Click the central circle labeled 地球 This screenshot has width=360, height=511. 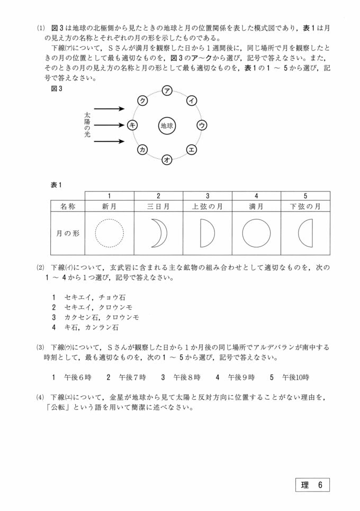coord(167,126)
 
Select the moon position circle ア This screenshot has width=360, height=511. coord(167,90)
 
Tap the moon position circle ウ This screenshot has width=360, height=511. coord(202,125)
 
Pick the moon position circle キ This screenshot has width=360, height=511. coord(132,125)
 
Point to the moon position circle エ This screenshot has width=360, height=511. coord(192,150)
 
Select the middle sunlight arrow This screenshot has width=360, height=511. coord(109,125)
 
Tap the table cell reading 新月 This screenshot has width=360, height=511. coord(109,206)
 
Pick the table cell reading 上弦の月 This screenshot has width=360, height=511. coord(208,206)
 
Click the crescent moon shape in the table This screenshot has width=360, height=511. coord(158,233)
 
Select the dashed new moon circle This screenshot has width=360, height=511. coord(109,233)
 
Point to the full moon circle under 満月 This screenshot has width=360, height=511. coord(256,233)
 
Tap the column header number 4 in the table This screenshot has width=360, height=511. coord(256,195)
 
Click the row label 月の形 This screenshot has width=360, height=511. coord(68,233)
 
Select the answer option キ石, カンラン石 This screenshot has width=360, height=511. coord(85,327)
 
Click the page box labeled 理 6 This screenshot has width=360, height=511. coord(312,485)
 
